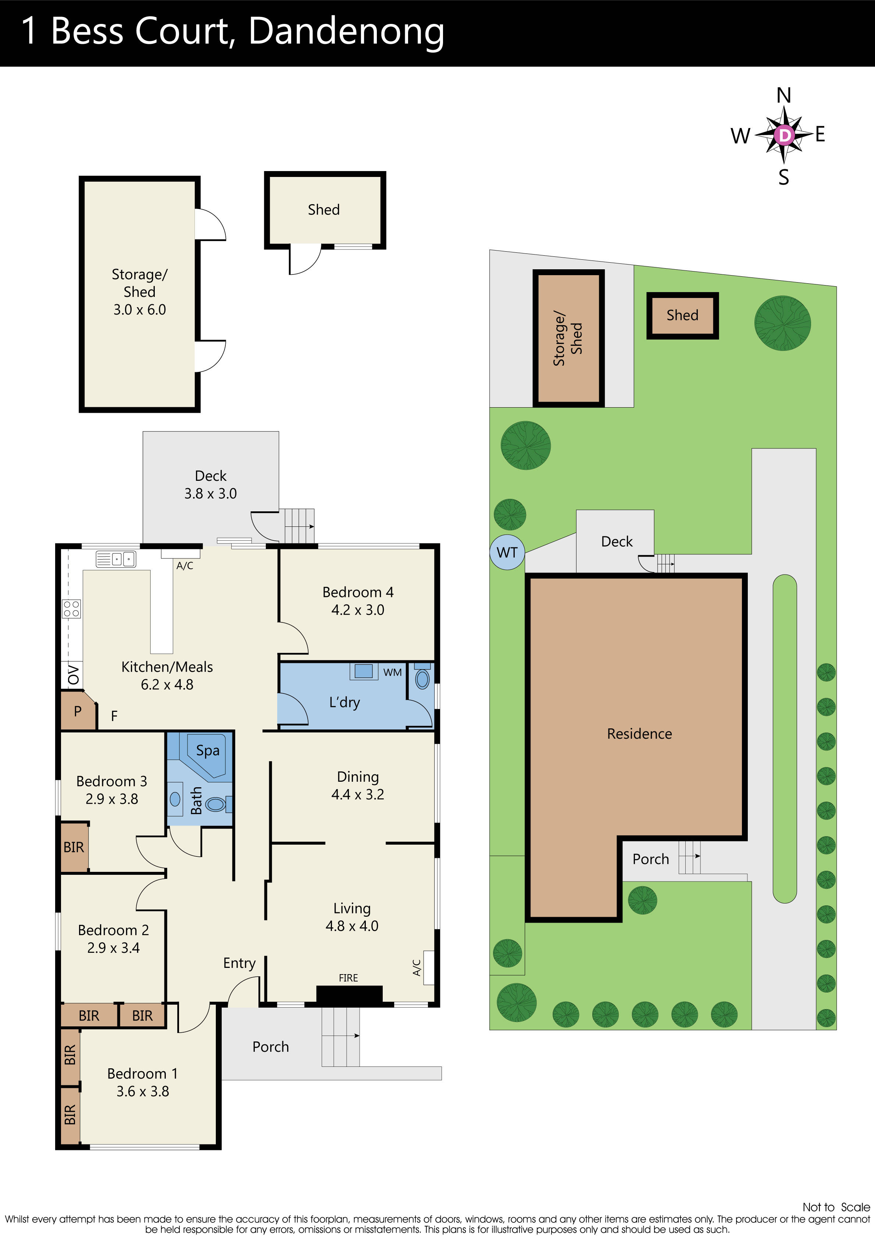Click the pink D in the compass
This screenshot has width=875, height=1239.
[784, 135]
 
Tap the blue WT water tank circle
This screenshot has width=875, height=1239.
[507, 553]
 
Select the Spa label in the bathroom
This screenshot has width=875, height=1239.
[208, 750]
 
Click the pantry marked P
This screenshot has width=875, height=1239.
[78, 711]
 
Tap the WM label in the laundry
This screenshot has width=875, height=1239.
[392, 672]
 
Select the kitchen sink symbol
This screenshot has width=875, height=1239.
[115, 559]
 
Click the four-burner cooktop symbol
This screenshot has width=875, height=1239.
[72, 609]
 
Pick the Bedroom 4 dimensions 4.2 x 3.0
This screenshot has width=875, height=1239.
[358, 610]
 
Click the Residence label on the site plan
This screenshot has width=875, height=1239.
[639, 734]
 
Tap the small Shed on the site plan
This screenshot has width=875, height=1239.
[682, 315]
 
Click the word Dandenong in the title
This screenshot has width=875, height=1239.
[346, 31]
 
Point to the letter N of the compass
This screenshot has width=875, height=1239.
[784, 96]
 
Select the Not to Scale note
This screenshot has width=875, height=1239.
[836, 1207]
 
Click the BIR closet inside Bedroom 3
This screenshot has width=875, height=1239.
[74, 847]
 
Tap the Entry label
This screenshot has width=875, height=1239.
[239, 963]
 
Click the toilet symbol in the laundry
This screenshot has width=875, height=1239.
[422, 679]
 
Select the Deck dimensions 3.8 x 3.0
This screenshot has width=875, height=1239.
[210, 494]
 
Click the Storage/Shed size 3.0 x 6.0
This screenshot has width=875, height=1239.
[139, 310]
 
